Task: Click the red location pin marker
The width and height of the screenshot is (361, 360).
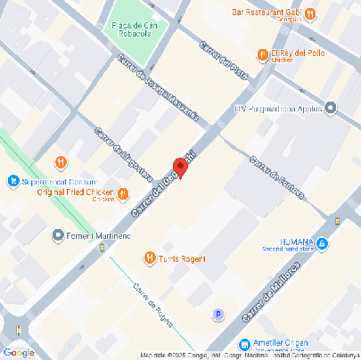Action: click(x=180, y=167)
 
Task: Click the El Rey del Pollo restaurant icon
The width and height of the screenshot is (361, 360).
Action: click(x=262, y=55)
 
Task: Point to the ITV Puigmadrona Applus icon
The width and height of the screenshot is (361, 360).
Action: click(x=331, y=109)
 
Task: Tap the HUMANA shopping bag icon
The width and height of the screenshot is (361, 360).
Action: click(x=321, y=243)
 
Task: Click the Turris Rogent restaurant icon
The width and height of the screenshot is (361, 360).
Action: click(x=149, y=258)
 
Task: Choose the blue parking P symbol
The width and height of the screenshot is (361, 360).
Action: click(x=217, y=314)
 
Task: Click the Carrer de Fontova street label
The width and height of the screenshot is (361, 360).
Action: click(x=277, y=177)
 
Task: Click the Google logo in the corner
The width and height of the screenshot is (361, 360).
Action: click(x=19, y=352)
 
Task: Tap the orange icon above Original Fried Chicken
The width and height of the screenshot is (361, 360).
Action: click(x=62, y=162)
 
